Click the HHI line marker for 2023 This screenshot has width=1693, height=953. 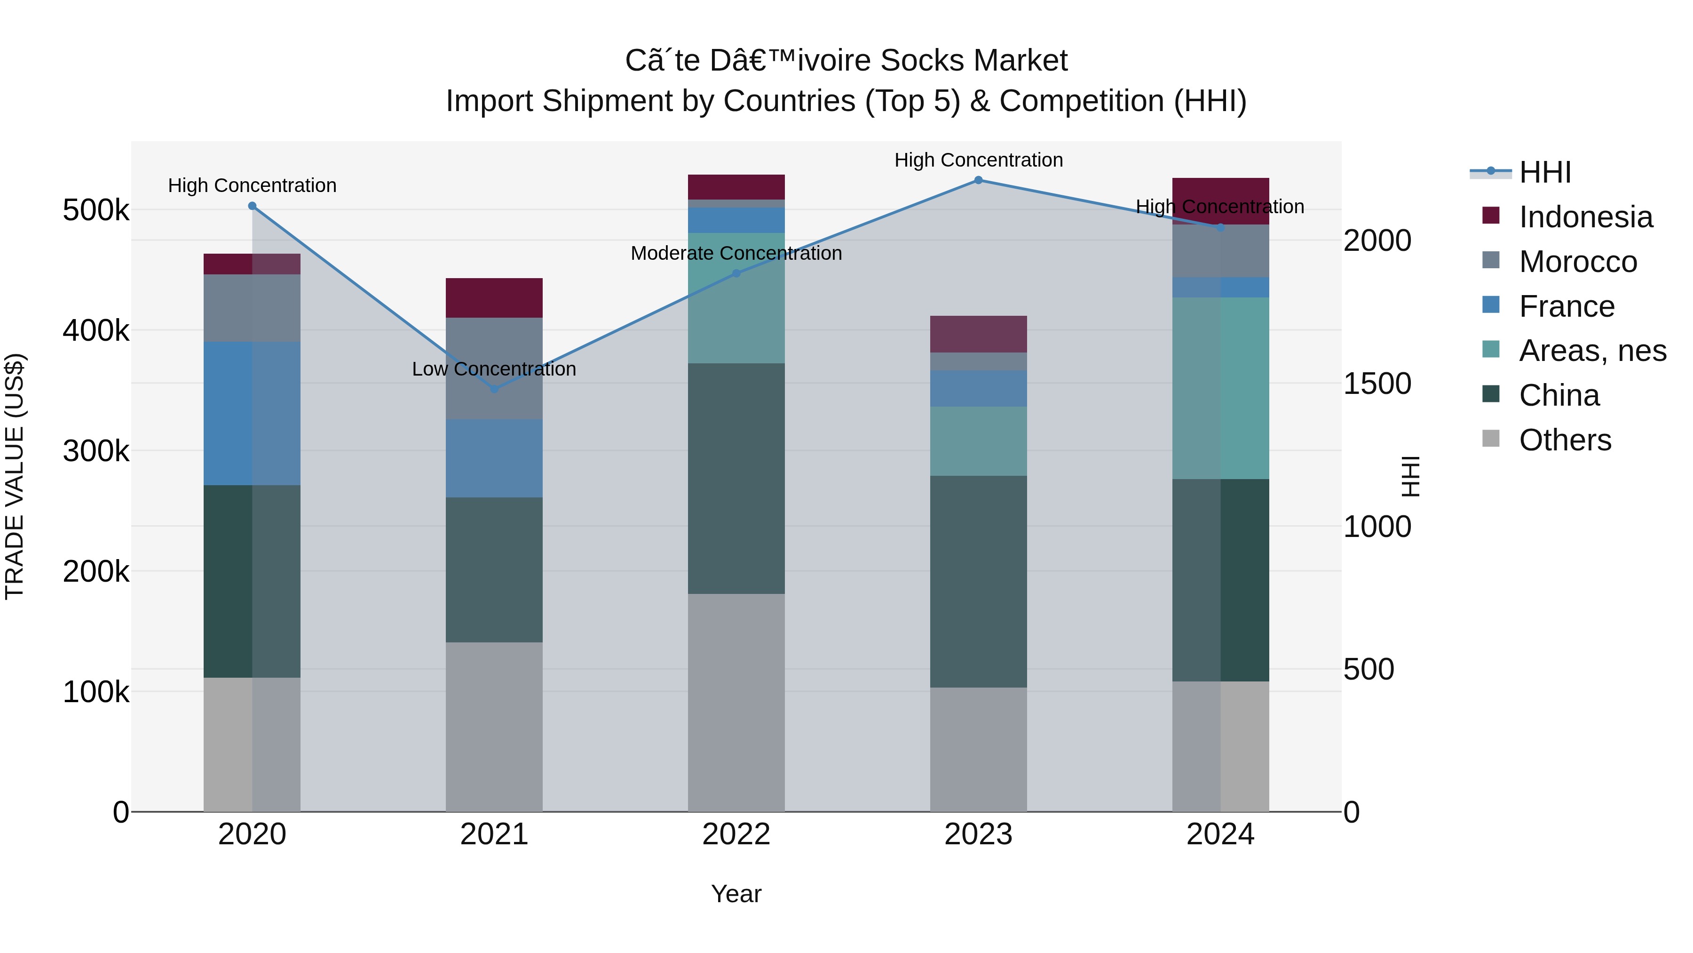click(x=978, y=180)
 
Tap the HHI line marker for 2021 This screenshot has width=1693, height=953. click(x=494, y=389)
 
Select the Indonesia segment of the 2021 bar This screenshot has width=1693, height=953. click(x=494, y=298)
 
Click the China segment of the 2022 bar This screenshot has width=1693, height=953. click(x=736, y=478)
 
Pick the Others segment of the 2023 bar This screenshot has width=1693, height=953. click(x=978, y=749)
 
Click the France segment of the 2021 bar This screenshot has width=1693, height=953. click(x=494, y=458)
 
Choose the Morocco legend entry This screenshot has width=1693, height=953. click(x=1577, y=262)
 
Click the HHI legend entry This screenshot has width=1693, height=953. click(x=1544, y=172)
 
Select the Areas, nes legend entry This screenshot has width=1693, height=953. click(x=1592, y=351)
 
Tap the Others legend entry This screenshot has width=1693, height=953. click(x=1564, y=440)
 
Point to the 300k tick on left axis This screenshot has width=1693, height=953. click(x=96, y=451)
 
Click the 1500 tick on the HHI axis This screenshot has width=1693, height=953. click(x=1377, y=384)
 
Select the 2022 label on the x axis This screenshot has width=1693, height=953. click(x=736, y=834)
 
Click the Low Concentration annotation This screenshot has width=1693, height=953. click(x=494, y=369)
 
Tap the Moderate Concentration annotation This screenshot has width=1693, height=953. click(x=736, y=253)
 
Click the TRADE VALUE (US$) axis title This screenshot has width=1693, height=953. click(x=15, y=476)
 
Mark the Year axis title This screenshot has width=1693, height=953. click(x=736, y=894)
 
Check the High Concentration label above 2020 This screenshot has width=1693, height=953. click(x=253, y=185)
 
